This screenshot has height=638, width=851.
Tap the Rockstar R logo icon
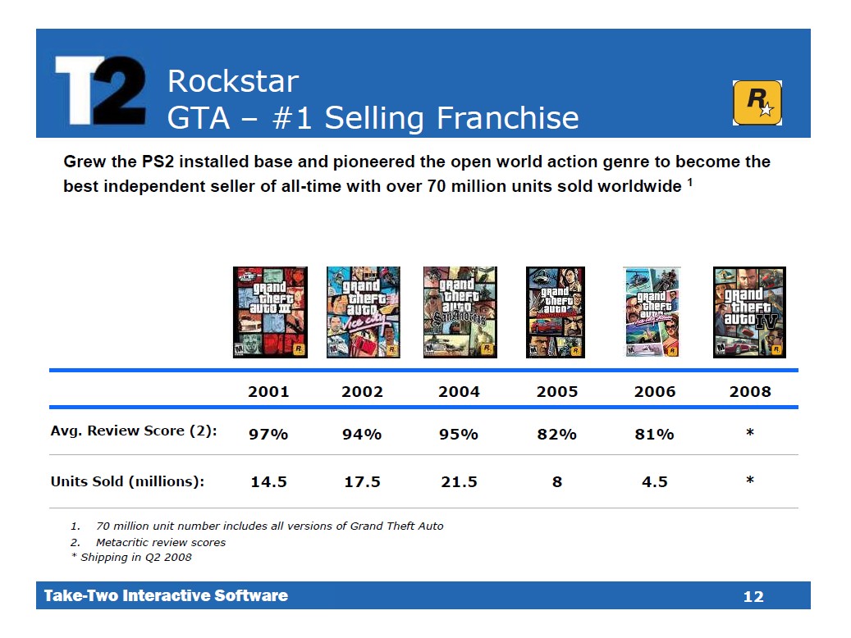(x=757, y=103)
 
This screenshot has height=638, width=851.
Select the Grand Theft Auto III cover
(x=270, y=312)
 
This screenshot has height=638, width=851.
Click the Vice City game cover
(x=363, y=312)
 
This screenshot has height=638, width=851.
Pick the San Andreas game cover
(x=460, y=312)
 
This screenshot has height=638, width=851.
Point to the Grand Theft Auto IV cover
(x=749, y=312)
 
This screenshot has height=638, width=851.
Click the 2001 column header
(x=268, y=391)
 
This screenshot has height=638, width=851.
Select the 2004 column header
(x=459, y=391)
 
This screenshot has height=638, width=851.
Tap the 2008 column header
(x=750, y=391)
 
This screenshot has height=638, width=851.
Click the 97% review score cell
(x=268, y=435)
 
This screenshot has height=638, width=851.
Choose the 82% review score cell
(x=556, y=435)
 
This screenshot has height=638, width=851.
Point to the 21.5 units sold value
(x=459, y=482)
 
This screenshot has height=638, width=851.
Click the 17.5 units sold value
(x=362, y=482)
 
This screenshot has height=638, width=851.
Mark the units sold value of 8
(x=556, y=482)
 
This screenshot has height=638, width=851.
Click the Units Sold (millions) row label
(x=127, y=481)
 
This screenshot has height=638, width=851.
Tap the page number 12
(x=753, y=597)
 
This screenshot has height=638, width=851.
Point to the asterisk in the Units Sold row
(x=750, y=481)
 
